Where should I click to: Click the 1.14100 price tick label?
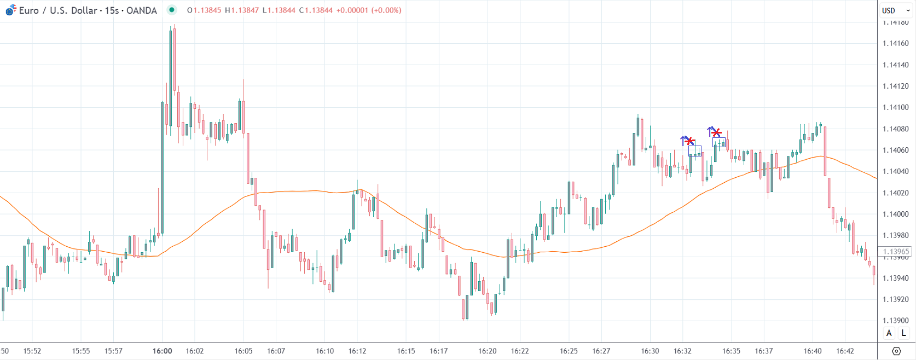895,108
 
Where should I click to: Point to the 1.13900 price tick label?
895,321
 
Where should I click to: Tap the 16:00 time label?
162,351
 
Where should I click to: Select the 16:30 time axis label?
650,351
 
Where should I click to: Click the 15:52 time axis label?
32,351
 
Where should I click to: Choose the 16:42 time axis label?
845,351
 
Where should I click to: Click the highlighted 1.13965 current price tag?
895,252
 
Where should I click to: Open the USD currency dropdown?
895,10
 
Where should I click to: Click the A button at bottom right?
889,333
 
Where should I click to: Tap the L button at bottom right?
903,333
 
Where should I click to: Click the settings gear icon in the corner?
896,351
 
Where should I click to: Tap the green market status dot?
172,10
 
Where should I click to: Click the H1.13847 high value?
241,10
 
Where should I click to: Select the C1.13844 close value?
316,10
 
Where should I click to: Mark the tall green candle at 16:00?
162,164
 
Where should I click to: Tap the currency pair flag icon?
10,10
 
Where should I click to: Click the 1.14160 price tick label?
895,44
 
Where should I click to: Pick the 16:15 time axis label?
406,351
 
